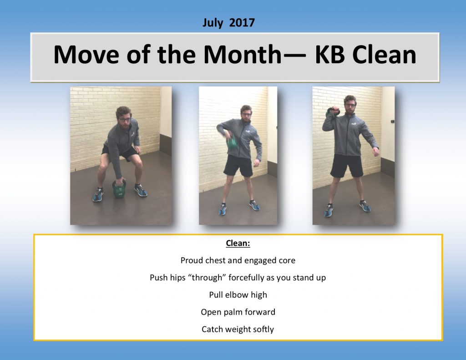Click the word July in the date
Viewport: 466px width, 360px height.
coord(212,23)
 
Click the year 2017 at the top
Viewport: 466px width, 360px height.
coord(242,23)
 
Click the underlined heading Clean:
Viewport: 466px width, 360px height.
coord(238,243)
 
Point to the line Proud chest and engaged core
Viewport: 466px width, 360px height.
coord(238,261)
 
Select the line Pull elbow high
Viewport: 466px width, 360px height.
coord(238,295)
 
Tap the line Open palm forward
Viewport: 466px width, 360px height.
coord(238,312)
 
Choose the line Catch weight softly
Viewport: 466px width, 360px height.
coord(238,329)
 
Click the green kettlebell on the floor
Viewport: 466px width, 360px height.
coord(119,189)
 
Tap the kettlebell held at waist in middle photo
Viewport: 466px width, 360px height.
coord(232,142)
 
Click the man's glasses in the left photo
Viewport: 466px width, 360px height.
coord(125,119)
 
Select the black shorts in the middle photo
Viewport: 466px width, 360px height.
coord(238,166)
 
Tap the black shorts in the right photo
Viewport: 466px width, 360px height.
coord(347,165)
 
